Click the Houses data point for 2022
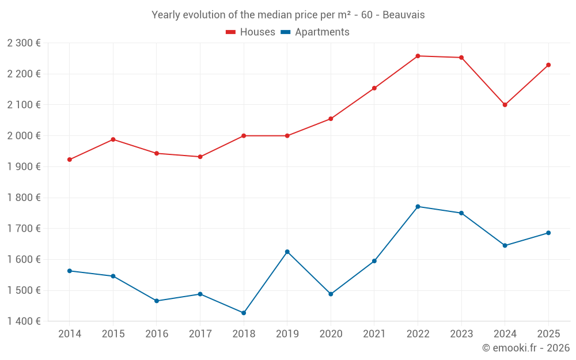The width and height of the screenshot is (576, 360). pyautogui.click(x=418, y=56)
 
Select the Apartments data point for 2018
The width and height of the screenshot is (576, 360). pyautogui.click(x=244, y=313)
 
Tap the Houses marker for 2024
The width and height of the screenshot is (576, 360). pyautogui.click(x=505, y=105)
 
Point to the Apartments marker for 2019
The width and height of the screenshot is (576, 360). pyautogui.click(x=287, y=252)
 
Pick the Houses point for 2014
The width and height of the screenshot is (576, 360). pyautogui.click(x=70, y=160)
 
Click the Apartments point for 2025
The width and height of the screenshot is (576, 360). pyautogui.click(x=548, y=233)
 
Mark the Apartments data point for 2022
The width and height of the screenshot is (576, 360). pyautogui.click(x=418, y=206)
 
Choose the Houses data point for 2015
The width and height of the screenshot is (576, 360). pyautogui.click(x=113, y=139)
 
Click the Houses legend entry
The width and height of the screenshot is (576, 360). pyautogui.click(x=251, y=32)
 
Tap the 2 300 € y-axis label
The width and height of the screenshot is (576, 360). pyautogui.click(x=24, y=43)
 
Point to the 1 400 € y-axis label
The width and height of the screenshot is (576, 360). pyautogui.click(x=24, y=321)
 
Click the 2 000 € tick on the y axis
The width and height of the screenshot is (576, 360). pyautogui.click(x=24, y=135)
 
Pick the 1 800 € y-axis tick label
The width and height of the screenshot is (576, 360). pyautogui.click(x=24, y=198)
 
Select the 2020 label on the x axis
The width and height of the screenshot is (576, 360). pyautogui.click(x=331, y=334)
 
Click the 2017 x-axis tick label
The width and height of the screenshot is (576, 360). pyautogui.click(x=200, y=334)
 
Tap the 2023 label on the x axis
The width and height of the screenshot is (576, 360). pyautogui.click(x=461, y=334)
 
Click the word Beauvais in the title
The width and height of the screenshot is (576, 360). pyautogui.click(x=406, y=15)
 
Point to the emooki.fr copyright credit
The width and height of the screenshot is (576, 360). pyautogui.click(x=525, y=348)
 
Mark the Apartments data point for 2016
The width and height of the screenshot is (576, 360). pyautogui.click(x=157, y=301)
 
